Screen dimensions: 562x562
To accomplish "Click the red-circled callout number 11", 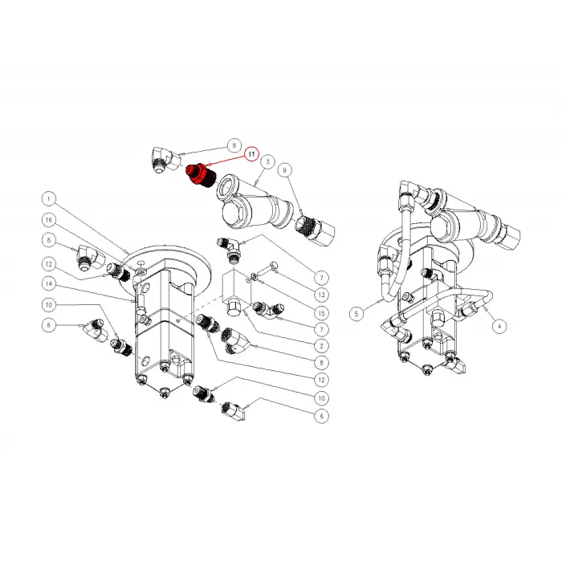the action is (x=251, y=154).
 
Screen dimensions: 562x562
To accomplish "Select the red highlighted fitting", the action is (x=200, y=175).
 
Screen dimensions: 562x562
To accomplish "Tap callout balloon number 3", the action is (x=268, y=161).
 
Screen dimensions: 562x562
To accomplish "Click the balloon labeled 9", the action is (x=285, y=170).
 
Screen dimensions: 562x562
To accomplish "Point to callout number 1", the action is (x=49, y=198).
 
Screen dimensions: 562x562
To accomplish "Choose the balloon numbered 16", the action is (x=49, y=220).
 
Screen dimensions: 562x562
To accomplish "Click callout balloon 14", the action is (x=49, y=284).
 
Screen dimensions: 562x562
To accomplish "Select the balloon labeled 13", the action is (x=321, y=295).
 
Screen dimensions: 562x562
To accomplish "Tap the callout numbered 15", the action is (x=321, y=313).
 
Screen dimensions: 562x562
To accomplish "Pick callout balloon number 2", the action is (x=321, y=346).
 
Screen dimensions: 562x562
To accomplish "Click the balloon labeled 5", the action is (x=356, y=314).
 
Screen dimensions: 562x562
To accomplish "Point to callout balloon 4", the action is (x=499, y=326).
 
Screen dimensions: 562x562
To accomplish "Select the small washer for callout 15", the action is (x=255, y=276).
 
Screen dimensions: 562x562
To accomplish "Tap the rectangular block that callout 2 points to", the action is (x=237, y=293).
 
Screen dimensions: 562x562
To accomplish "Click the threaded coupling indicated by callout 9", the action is (x=315, y=230).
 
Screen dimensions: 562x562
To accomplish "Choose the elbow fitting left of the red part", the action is (x=165, y=161).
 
